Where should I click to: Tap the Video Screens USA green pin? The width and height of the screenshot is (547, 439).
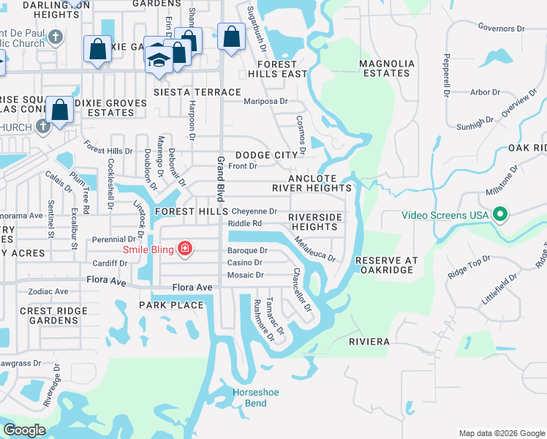tap(500, 215)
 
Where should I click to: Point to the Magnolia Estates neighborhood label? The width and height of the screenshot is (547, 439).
tap(387, 68)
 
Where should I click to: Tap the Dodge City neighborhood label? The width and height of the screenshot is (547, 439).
tap(267, 155)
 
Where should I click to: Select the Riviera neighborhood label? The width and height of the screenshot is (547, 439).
tap(369, 342)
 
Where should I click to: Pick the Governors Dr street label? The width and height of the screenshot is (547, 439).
tap(497, 29)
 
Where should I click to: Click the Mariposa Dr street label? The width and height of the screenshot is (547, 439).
tap(265, 102)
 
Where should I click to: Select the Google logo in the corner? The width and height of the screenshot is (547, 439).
tap(24, 430)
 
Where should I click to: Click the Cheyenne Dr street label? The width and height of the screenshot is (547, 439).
tap(254, 211)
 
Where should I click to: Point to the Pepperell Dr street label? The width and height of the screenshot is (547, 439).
tap(444, 75)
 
